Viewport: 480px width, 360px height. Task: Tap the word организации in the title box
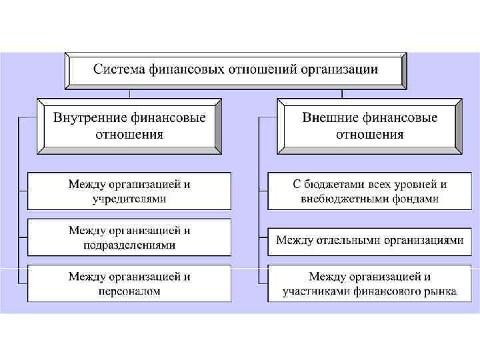340,69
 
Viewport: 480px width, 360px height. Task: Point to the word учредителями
129,198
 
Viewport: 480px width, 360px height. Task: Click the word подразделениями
129,245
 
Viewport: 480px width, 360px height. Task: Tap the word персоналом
129,291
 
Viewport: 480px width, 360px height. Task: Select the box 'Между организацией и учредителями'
129,190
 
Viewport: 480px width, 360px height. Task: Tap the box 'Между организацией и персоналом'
129,283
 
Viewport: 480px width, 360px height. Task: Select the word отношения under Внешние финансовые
370,134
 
